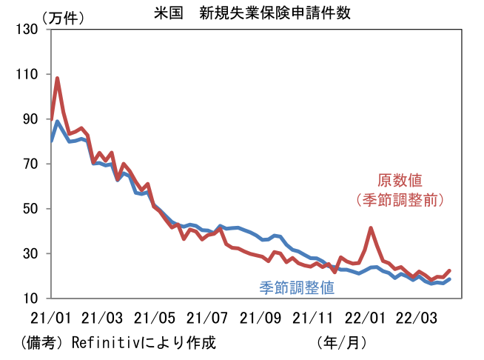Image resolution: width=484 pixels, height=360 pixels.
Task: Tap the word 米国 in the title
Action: (x=169, y=12)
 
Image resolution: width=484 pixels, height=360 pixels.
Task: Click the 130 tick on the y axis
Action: (x=29, y=30)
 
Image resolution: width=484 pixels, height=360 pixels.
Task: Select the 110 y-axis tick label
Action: (x=29, y=74)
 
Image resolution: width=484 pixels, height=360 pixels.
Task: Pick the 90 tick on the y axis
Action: (x=32, y=119)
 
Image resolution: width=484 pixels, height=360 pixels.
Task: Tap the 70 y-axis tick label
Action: (x=32, y=164)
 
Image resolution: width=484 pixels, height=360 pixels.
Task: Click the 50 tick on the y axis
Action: (x=32, y=209)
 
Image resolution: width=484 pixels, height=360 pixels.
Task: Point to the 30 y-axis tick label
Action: (x=32, y=253)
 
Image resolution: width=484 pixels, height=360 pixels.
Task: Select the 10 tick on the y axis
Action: (x=32, y=299)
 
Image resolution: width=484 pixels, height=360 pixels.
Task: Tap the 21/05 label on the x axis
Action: (x=155, y=319)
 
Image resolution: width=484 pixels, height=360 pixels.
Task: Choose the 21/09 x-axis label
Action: (x=261, y=319)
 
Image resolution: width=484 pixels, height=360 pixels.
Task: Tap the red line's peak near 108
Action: (x=57, y=78)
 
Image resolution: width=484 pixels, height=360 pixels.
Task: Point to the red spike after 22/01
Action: (x=371, y=228)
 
